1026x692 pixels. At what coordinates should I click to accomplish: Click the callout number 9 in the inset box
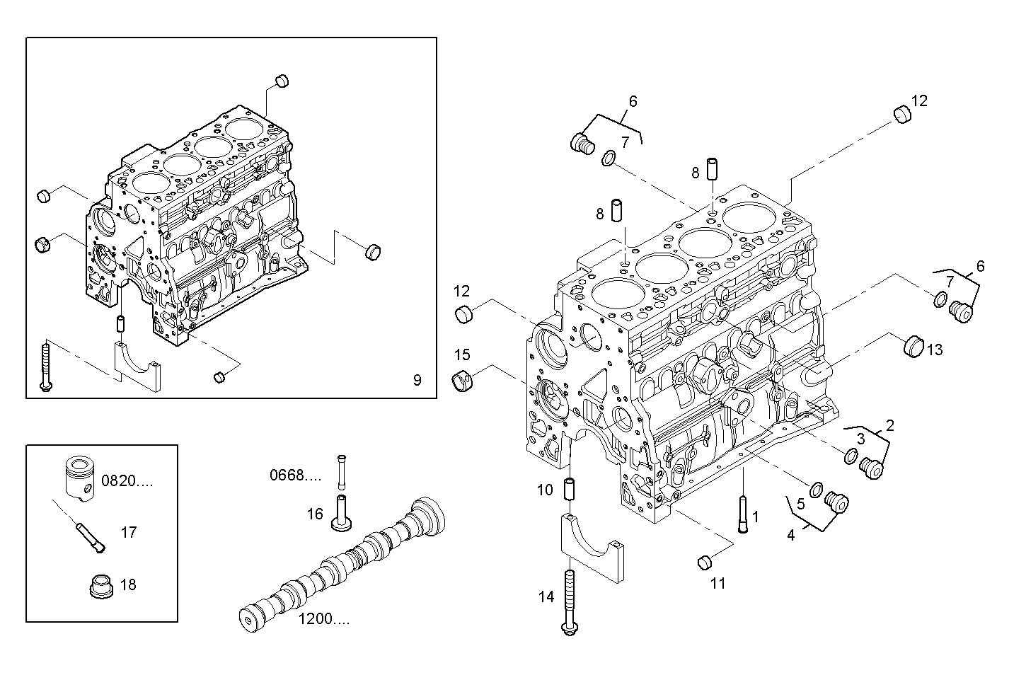417,381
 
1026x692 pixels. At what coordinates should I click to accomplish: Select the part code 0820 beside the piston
127,482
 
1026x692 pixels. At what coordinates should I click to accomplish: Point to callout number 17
128,532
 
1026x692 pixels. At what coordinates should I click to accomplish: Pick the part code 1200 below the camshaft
323,620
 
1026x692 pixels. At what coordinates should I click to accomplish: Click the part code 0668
295,475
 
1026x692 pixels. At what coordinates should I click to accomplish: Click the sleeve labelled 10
567,489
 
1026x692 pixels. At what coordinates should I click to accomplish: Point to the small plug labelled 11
704,563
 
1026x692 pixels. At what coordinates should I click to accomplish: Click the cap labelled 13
913,346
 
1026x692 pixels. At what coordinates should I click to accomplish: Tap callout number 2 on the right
889,425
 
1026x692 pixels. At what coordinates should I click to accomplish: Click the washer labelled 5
815,488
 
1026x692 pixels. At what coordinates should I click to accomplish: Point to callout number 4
790,536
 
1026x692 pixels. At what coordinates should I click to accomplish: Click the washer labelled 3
852,456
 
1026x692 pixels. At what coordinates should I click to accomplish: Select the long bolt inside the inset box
45,365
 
